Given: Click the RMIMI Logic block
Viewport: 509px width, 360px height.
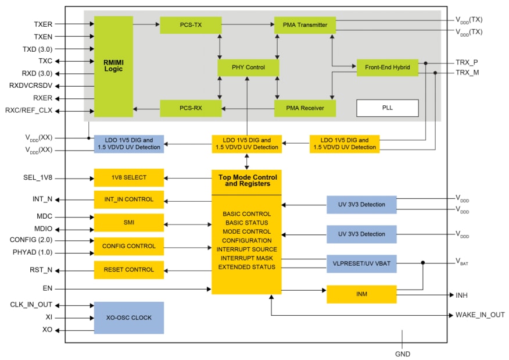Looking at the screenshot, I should [113, 66].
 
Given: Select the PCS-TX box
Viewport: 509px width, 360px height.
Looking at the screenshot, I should [191, 25].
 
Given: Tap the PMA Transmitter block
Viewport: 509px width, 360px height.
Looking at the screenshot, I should [304, 25].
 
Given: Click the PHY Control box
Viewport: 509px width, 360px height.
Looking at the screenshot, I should [248, 67].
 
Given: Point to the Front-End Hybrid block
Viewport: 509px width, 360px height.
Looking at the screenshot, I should [387, 67].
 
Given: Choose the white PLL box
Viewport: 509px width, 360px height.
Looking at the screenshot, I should [387, 108].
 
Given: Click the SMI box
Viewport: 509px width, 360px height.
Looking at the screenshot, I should [128, 223].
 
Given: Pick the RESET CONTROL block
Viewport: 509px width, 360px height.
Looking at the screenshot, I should [128, 270].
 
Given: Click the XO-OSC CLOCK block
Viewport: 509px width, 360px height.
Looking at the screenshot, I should [128, 318].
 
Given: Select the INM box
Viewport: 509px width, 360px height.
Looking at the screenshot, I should [361, 294].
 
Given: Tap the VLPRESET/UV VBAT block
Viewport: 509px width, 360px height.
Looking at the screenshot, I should [361, 262].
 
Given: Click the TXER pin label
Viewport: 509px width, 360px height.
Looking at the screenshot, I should [43, 24].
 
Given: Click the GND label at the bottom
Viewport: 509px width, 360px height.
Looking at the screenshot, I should [402, 354].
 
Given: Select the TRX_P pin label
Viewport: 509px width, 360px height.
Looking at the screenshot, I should [467, 62].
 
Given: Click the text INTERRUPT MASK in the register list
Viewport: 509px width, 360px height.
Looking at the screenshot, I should [247, 258].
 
